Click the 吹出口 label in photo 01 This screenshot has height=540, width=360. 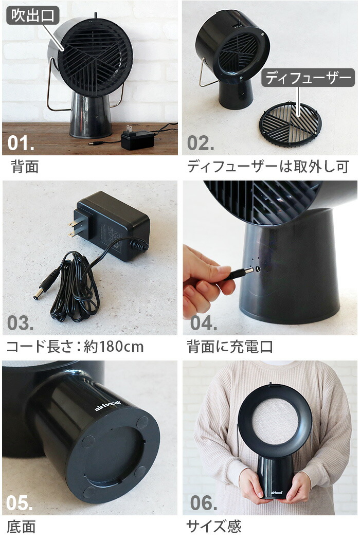click(x=33, y=15)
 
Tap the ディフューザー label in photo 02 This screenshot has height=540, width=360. click(x=308, y=78)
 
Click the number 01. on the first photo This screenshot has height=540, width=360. click(x=21, y=143)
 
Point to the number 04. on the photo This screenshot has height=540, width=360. click(x=204, y=323)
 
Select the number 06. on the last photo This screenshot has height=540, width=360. click(x=204, y=503)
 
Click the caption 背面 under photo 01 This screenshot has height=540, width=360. click(x=25, y=167)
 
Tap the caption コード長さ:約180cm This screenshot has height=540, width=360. click(x=75, y=347)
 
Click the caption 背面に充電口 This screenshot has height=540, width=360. click(x=230, y=347)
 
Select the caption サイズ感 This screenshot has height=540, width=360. click(x=214, y=527)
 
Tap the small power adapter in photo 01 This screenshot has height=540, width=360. click(x=137, y=138)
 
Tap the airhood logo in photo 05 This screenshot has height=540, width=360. click(x=108, y=406)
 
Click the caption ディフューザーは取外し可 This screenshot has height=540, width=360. click(x=268, y=167)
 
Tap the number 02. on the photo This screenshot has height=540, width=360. click(x=201, y=143)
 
